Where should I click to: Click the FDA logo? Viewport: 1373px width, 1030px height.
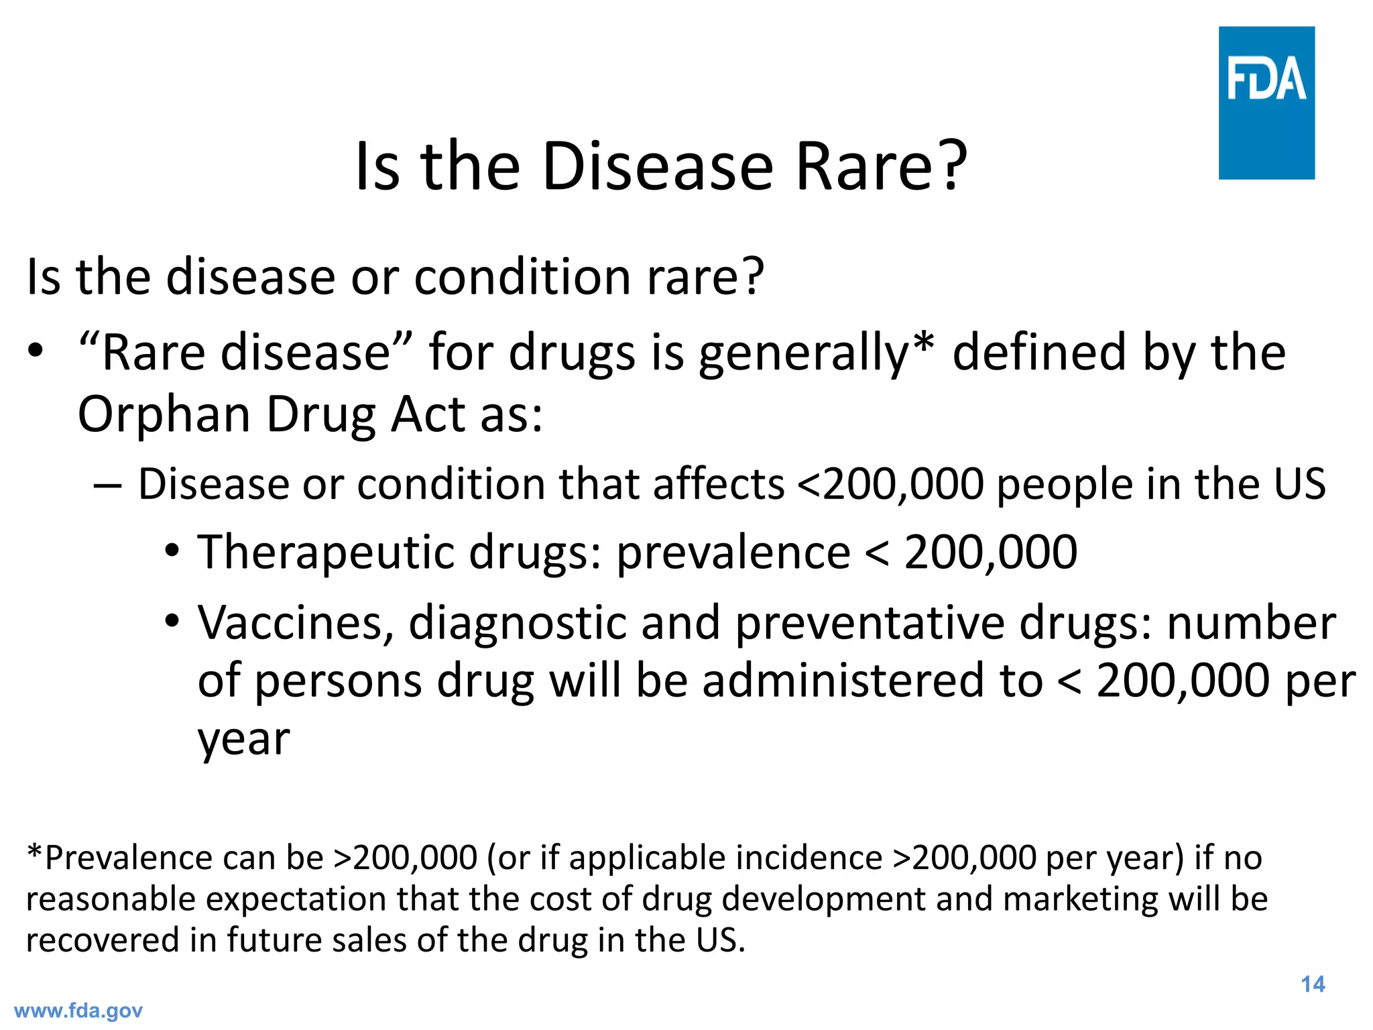point(1266,103)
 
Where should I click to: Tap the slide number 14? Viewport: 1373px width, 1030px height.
point(1313,984)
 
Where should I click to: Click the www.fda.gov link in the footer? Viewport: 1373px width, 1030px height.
point(78,1011)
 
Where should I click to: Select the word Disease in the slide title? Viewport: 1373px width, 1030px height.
point(657,167)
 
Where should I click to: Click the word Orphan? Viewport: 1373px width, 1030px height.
point(164,415)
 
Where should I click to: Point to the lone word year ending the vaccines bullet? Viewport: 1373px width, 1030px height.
point(243,739)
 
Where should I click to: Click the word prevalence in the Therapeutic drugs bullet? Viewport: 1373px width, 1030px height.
point(733,553)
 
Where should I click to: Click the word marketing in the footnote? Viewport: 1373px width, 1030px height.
point(1080,899)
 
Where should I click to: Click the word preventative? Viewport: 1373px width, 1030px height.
point(870,624)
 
